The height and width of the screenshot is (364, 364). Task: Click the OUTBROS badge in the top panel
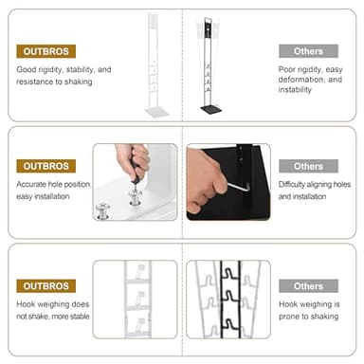(45, 51)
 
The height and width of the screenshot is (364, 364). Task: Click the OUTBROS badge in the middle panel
(45, 166)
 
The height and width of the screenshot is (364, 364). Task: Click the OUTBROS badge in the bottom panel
(45, 285)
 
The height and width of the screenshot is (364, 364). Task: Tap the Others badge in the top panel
(308, 51)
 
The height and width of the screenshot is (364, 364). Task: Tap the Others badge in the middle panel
(308, 166)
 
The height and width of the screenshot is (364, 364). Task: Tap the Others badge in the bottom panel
(308, 285)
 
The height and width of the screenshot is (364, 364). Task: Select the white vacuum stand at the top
(155, 62)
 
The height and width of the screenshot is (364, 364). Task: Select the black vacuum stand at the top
(209, 62)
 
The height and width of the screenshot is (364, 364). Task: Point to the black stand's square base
(209, 108)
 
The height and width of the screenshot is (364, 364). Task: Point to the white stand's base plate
(155, 111)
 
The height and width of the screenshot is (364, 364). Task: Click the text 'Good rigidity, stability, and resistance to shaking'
(63, 76)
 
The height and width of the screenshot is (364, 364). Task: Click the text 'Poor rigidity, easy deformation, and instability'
(310, 81)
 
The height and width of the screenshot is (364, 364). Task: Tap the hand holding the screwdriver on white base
(133, 161)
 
